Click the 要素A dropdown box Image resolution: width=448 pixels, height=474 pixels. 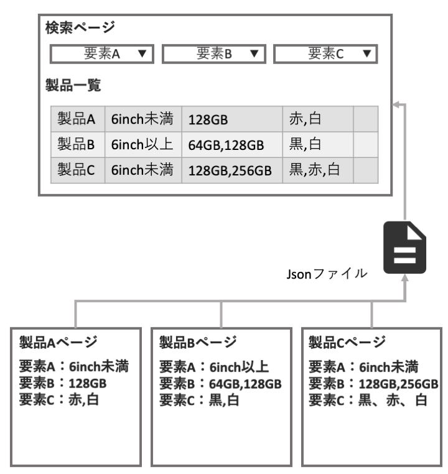point(102,54)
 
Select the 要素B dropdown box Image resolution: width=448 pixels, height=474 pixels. point(214,54)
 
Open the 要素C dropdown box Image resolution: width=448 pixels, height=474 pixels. point(325,54)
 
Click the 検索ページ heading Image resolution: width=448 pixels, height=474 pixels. point(80,27)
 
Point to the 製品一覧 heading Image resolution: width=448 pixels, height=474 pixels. point(73,85)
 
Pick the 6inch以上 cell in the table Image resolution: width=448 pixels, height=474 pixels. point(143,144)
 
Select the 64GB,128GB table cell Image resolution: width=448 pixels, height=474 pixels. point(232,144)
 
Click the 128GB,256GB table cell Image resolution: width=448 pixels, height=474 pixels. point(232,170)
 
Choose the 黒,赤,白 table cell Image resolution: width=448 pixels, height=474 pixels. point(318,170)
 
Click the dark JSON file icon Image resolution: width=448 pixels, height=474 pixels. point(405,248)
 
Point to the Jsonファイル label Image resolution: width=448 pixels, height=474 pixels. point(327,274)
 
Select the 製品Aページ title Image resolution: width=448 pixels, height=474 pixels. point(58,343)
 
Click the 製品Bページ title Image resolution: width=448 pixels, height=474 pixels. point(198,343)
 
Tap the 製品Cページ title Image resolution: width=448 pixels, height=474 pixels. point(347,343)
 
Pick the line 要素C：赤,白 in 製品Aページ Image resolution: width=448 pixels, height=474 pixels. point(59,399)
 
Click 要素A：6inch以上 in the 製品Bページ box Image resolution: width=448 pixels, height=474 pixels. point(214,367)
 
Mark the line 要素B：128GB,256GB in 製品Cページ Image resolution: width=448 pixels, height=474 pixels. point(373,384)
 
